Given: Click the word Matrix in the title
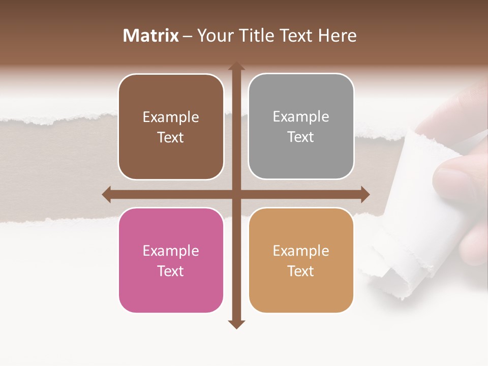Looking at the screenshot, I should pos(151,36).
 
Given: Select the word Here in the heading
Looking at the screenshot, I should pos(338,36).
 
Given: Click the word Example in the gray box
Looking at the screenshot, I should pos(301,116).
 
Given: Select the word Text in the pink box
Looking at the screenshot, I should pos(171,271).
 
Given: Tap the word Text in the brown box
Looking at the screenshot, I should pos(171,137).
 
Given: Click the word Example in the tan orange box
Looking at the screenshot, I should pos(301,251).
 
